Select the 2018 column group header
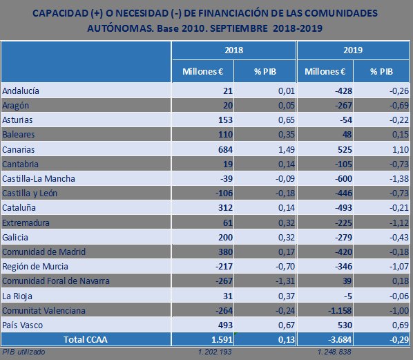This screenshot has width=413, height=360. pos(233,51)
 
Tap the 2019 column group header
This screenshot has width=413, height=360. pos(354,51)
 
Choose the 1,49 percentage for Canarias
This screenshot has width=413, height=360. pos(267,149)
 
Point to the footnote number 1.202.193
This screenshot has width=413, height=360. pos(215,352)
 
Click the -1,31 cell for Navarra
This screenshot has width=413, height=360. pos(265,281)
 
